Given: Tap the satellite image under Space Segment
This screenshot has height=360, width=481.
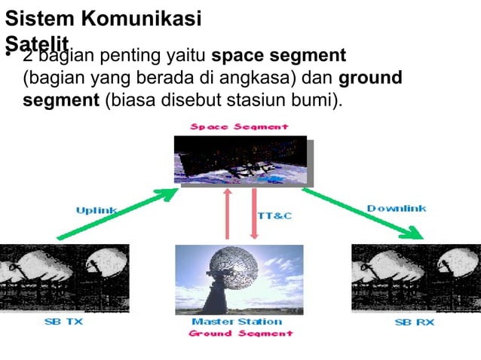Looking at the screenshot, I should [240, 160].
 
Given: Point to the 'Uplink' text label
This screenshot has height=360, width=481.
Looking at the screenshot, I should [96, 210].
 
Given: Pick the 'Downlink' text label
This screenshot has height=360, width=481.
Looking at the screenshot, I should [397, 208].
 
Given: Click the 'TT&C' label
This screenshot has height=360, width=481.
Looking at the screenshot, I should [274, 216].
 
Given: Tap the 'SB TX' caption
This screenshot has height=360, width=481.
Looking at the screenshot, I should [63, 322].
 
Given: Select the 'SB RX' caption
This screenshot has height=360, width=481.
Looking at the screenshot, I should [414, 322].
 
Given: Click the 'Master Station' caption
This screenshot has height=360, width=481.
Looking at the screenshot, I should [237, 322].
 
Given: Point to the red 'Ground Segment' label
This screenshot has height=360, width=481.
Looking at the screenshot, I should [240, 333].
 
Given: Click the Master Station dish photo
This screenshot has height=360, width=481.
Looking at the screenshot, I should [239, 279].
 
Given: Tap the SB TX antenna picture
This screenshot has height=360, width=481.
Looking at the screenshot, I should [64, 277].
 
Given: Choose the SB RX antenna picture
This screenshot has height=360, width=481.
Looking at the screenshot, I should [415, 277].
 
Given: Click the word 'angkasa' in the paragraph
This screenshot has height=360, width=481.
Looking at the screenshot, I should [262, 78].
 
